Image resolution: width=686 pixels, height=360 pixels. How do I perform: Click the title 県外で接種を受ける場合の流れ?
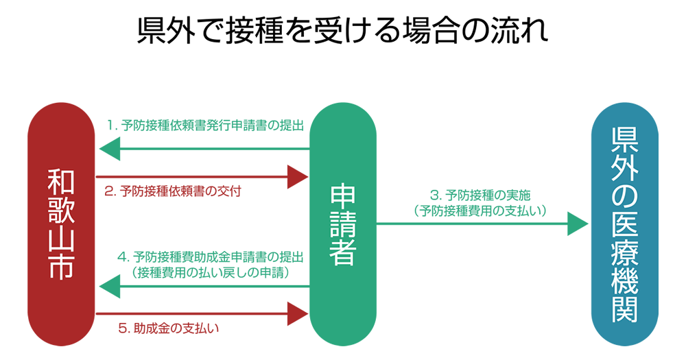(343, 32)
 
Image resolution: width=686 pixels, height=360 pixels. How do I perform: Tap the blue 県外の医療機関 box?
(624, 226)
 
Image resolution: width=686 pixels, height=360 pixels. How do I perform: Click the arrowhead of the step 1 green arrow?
(110, 149)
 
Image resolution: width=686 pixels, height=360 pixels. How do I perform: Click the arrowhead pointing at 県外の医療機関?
(578, 224)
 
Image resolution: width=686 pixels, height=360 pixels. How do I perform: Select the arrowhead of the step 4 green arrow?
(110, 287)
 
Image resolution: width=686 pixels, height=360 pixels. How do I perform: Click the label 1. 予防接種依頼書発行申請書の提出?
(205, 125)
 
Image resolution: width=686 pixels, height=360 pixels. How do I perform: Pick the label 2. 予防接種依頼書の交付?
(173, 192)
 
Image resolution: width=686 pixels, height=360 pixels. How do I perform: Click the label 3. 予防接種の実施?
(480, 195)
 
